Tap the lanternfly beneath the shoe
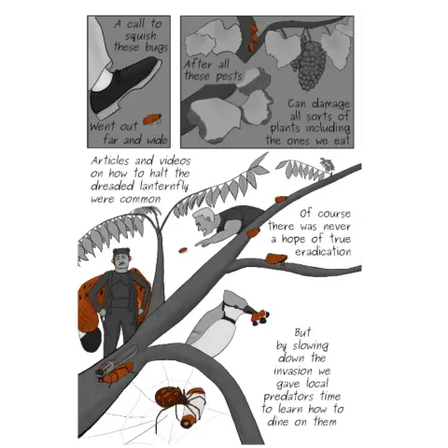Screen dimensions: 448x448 [x=152, y=119]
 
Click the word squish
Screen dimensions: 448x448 [x=141, y=36]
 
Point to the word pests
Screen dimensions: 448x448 [x=229, y=77]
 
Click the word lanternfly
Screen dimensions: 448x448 [x=163, y=187]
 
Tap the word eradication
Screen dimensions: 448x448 [x=323, y=251]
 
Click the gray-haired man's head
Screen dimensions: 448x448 [x=203, y=221]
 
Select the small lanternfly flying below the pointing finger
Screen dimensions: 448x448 [x=183, y=250]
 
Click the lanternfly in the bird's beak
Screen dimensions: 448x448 [x=259, y=316]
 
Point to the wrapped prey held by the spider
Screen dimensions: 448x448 [x=193, y=411]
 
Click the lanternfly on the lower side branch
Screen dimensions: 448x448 [x=276, y=259]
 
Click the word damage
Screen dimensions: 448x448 [x=331, y=104]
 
